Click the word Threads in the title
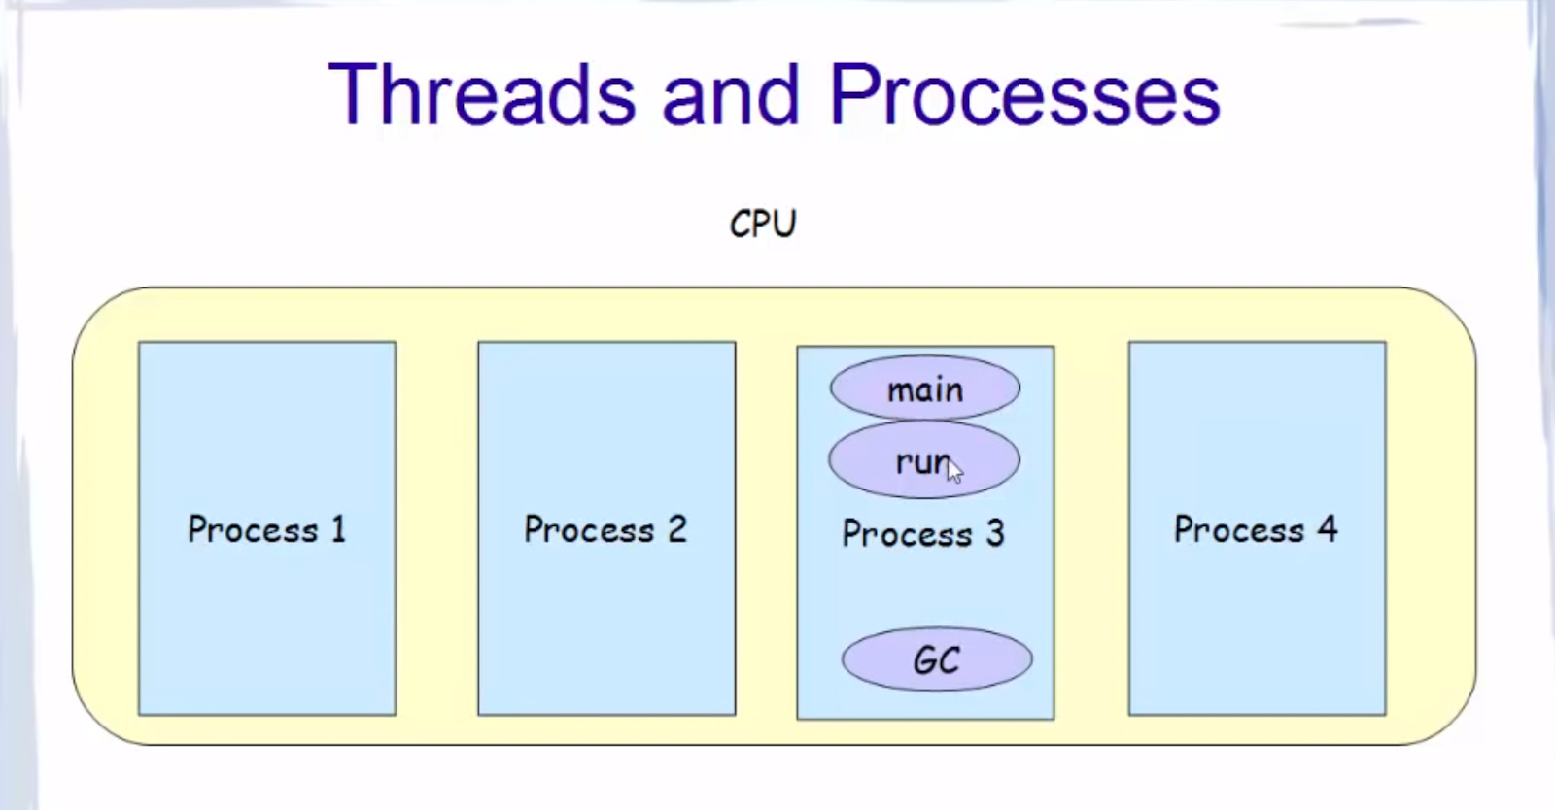tap(482, 95)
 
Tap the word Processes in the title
tap(1024, 95)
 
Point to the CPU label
tap(763, 223)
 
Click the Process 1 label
tap(266, 529)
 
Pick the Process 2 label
tap(605, 529)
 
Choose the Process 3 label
tap(923, 533)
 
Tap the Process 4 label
tap(1256, 529)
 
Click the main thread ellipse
tap(924, 388)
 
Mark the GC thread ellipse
tap(937, 659)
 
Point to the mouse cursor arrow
tap(954, 471)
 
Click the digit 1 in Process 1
tap(338, 529)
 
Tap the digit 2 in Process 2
tap(676, 529)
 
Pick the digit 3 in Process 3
tap(994, 533)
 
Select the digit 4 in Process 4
tap(1328, 529)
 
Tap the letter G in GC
tap(924, 660)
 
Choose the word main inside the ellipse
tap(924, 389)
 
